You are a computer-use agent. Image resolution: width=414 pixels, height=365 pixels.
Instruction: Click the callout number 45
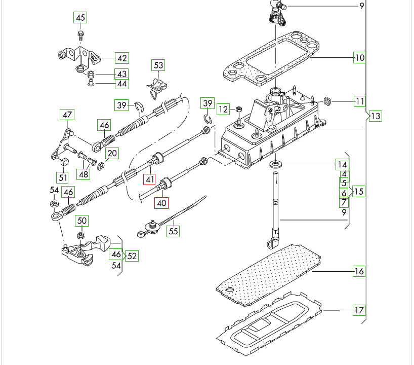click(80, 18)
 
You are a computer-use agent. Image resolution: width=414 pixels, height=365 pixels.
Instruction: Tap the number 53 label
click(158, 65)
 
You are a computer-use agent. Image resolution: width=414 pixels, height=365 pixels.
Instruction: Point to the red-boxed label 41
click(149, 179)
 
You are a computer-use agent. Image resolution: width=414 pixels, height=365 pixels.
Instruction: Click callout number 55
click(174, 231)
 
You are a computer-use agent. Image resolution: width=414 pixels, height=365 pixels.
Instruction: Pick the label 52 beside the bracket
click(132, 256)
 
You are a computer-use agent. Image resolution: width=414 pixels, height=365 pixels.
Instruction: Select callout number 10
click(359, 58)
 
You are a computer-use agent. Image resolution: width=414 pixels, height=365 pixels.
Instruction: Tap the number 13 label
click(375, 116)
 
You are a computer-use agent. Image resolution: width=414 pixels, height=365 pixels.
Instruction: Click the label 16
click(359, 271)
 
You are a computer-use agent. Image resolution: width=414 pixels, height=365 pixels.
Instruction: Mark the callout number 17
click(359, 310)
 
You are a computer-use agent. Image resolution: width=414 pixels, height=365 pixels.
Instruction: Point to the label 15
click(359, 192)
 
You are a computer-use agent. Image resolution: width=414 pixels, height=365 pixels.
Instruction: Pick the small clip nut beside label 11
click(327, 102)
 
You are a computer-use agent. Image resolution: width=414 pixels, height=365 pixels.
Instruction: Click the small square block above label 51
click(64, 162)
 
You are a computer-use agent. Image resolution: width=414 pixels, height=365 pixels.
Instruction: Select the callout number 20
click(112, 153)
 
